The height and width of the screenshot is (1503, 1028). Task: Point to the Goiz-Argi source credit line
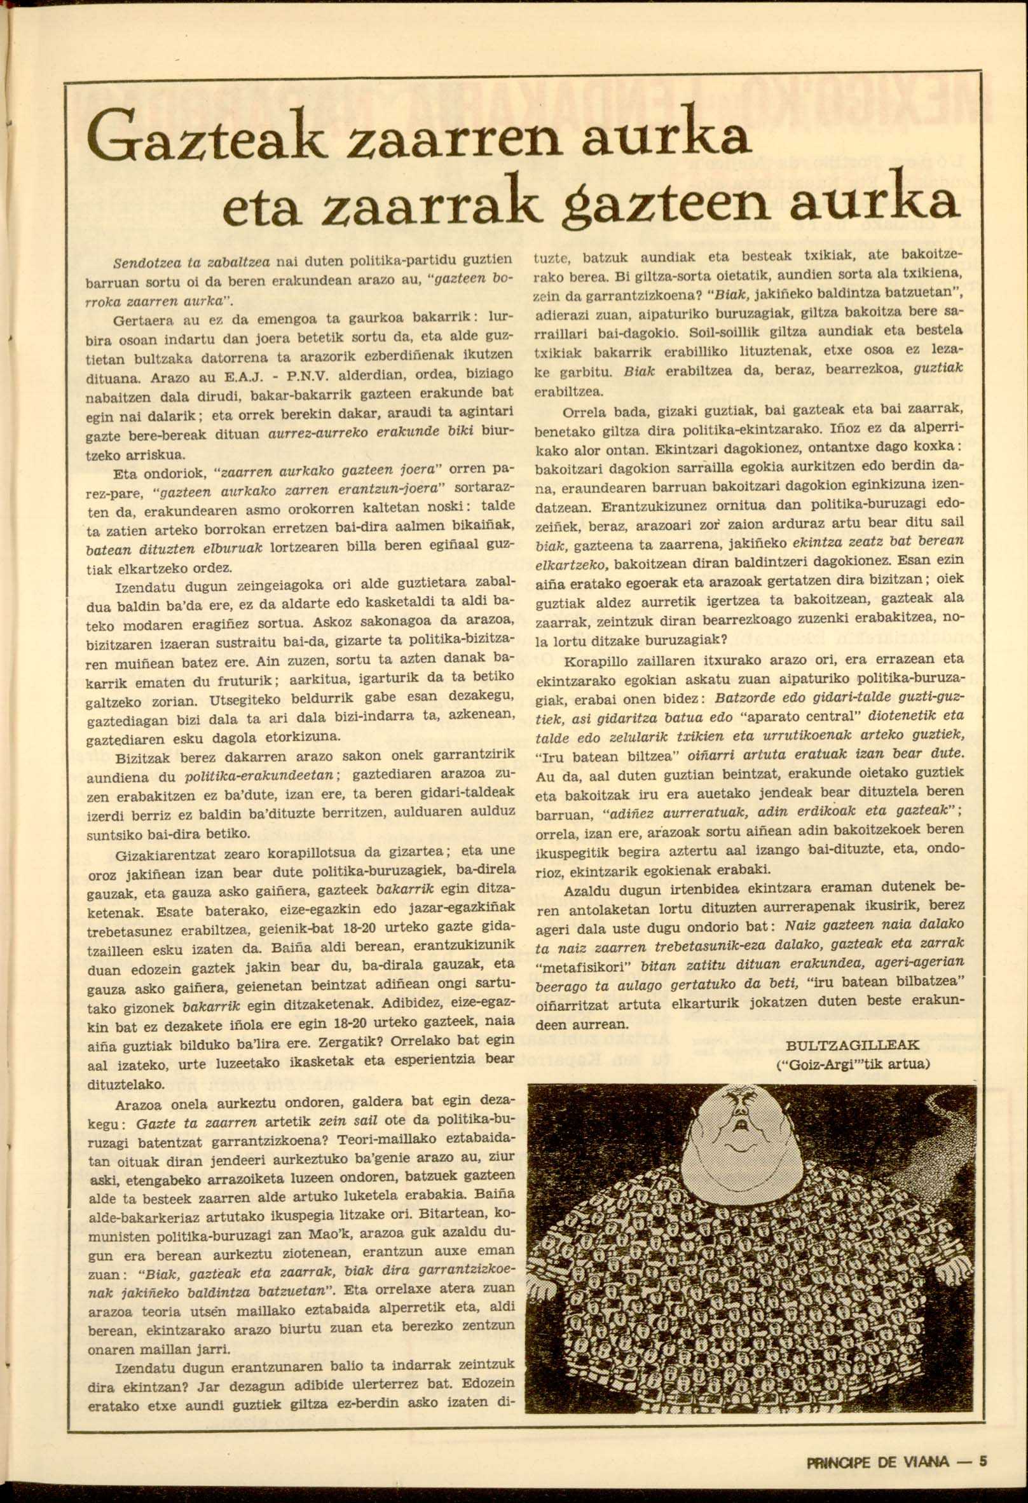[853, 1063]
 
